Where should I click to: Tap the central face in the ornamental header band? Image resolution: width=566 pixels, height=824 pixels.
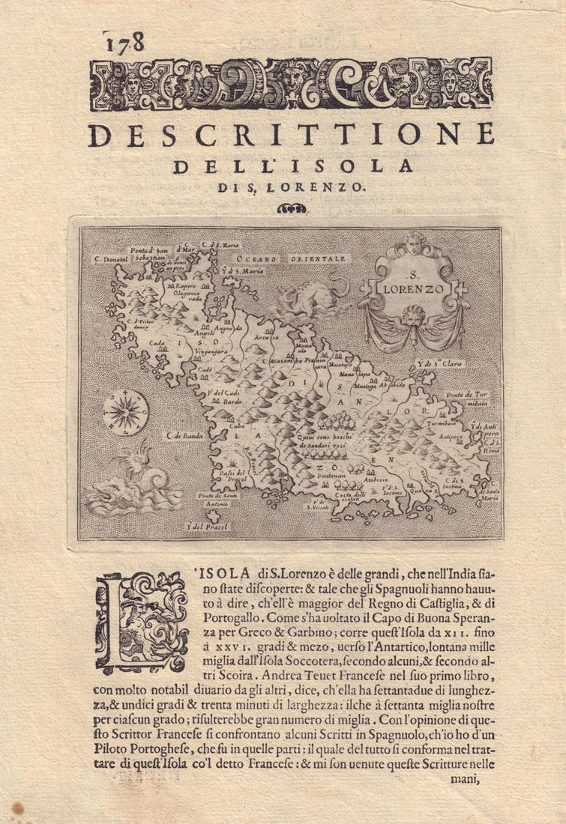[290, 80]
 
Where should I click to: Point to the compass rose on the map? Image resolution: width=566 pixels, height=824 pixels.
[125, 412]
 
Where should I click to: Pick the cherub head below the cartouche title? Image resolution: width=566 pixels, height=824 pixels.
[412, 315]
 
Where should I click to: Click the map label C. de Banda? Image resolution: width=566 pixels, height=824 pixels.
[185, 434]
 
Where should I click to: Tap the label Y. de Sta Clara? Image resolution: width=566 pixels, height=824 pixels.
[440, 365]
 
